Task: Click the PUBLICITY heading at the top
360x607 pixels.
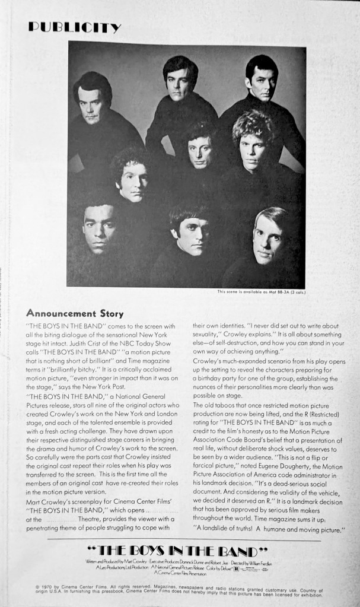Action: [74, 27]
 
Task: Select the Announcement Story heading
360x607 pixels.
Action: [69, 313]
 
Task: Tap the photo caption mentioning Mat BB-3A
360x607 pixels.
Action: [261, 291]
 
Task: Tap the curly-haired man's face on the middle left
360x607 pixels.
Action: [131, 182]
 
